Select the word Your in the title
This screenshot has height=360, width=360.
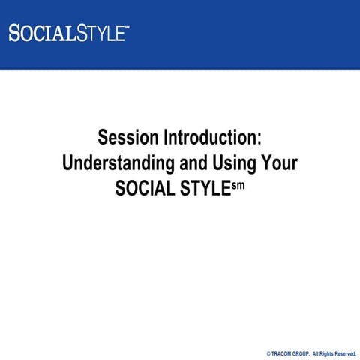point(277,163)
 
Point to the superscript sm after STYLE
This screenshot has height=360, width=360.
point(237,182)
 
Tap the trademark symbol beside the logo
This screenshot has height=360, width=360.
point(127,28)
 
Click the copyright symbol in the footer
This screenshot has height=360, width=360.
point(268,352)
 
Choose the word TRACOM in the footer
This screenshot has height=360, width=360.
point(283,352)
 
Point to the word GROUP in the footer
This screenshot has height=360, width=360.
point(304,352)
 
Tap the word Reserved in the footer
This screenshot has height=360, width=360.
point(347,352)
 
